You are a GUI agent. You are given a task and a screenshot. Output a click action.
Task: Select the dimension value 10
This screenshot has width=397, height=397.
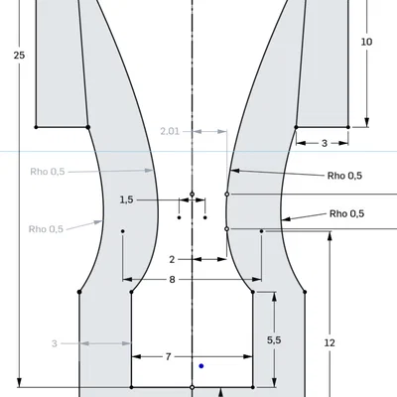(366, 42)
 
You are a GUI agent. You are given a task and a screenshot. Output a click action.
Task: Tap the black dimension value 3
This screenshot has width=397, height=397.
(324, 143)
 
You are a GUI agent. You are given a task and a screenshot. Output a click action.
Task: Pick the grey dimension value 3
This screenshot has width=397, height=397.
(56, 343)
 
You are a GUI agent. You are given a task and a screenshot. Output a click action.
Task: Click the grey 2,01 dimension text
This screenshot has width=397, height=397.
(172, 131)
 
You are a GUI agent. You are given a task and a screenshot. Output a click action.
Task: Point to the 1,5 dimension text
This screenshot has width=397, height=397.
(126, 199)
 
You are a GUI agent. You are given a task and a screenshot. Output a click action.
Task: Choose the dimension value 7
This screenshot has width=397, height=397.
(169, 354)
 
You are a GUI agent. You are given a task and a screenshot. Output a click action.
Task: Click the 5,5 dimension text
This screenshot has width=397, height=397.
(275, 339)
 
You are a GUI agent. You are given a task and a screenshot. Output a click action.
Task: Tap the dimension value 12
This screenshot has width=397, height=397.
(330, 342)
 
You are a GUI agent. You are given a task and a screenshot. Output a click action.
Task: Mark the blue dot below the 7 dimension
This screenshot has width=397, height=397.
(200, 365)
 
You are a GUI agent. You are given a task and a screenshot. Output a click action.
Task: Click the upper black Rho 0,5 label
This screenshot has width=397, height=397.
(344, 176)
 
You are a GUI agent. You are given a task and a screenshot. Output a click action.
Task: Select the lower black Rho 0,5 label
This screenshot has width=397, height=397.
(346, 213)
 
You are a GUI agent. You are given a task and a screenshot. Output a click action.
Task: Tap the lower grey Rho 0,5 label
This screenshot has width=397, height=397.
(46, 228)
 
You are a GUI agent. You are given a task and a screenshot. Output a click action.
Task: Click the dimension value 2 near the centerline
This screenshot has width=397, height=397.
(172, 259)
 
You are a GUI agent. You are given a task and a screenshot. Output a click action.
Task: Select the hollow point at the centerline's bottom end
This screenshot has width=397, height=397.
(192, 386)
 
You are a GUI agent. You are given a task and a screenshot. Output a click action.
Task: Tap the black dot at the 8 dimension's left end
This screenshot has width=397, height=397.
(121, 231)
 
